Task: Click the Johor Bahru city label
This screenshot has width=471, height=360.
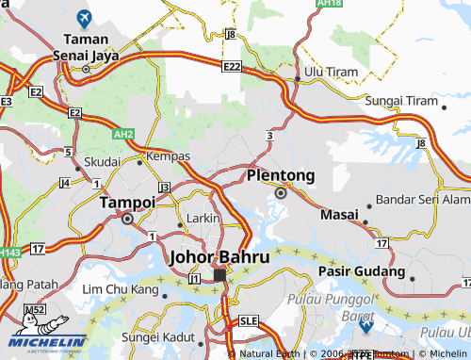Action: [x=219, y=256]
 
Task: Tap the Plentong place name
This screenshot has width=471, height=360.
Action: [x=280, y=175]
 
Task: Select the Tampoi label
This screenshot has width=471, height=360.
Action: [x=127, y=202]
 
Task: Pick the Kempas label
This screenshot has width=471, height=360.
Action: [x=169, y=155]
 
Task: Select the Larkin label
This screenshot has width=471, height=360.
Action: [x=203, y=218]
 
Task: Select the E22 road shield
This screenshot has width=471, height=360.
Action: [x=233, y=66]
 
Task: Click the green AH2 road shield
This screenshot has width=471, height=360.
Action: [x=123, y=135]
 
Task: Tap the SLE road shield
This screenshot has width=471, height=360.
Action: [x=249, y=320]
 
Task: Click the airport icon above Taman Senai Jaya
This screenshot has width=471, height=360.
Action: [x=84, y=17]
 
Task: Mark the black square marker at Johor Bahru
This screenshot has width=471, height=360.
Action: [x=219, y=275]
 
